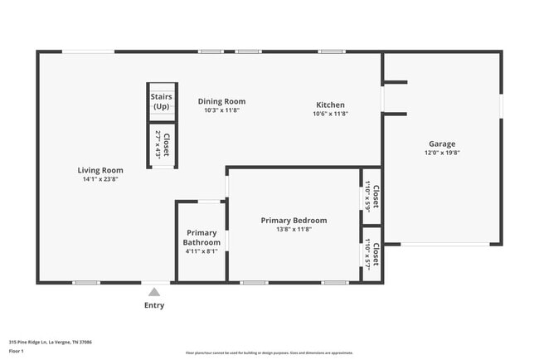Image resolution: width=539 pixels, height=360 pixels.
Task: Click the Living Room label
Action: click(101, 170)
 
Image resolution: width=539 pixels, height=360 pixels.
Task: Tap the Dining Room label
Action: click(222, 102)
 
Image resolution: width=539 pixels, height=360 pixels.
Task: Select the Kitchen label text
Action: click(330, 105)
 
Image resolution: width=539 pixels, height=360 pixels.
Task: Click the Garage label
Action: click(441, 144)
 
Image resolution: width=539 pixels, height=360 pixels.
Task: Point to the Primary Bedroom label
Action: click(294, 221)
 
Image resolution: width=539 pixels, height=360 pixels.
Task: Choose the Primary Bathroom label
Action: click(202, 237)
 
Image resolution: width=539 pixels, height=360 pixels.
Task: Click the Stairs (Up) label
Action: click(161, 102)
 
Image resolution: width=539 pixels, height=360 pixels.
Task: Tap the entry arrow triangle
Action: click(154, 292)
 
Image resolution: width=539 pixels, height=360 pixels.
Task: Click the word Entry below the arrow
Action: click(154, 305)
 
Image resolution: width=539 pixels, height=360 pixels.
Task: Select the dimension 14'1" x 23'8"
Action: click(101, 179)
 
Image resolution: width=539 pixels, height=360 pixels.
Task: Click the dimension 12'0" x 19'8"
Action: click(441, 153)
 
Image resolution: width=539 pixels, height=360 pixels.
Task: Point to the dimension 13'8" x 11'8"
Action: click(294, 230)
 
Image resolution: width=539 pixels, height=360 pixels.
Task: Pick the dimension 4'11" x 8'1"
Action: click(201, 251)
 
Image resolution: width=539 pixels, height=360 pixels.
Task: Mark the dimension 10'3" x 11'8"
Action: click(222, 111)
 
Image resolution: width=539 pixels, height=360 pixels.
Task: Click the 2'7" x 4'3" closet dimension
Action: click(157, 145)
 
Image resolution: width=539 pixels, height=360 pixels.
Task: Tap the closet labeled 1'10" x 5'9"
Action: click(371, 197)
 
